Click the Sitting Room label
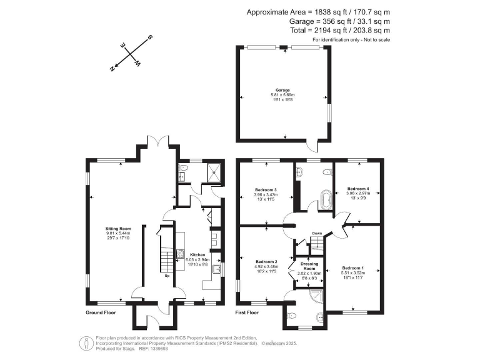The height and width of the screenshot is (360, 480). [x=117, y=229]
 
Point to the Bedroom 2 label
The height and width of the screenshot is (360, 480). [x=266, y=261]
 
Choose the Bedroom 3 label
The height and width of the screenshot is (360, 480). [x=266, y=189]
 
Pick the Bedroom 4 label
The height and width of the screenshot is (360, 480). [x=358, y=188]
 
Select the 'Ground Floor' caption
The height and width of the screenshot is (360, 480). [x=101, y=311]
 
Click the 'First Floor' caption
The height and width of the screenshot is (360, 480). [x=247, y=311]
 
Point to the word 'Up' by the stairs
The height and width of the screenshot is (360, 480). [x=167, y=276]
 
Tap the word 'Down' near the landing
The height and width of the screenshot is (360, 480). [x=317, y=234]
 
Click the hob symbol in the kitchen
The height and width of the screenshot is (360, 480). [x=181, y=254]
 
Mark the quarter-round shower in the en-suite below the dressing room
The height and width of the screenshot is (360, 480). [x=317, y=296]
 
